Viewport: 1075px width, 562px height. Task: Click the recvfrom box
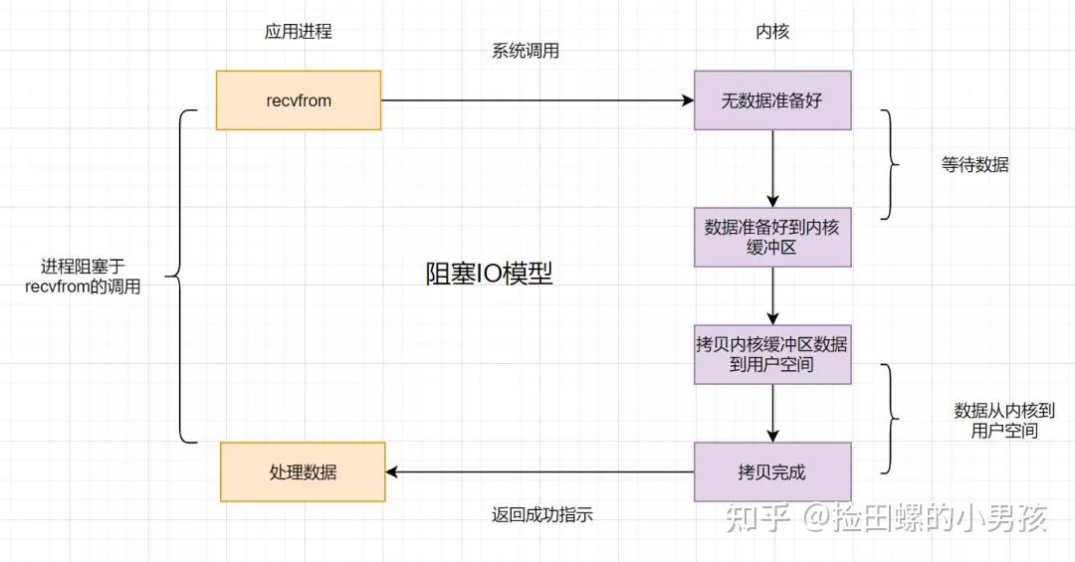299,100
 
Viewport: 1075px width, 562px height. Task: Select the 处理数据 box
303,472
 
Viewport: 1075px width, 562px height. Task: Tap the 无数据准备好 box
772,100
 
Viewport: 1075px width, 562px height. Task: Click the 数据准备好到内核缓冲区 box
772,237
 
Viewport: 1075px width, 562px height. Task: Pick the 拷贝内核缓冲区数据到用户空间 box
772,354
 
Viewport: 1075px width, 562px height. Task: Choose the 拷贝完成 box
772,472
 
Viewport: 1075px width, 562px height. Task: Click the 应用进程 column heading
299,32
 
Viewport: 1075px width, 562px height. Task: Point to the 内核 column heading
772,32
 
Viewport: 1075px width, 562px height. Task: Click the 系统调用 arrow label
526,52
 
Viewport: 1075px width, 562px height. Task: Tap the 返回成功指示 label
541,515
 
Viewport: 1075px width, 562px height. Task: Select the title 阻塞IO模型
489,275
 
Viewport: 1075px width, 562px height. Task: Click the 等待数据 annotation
974,165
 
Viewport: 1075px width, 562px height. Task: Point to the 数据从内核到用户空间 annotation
1003,420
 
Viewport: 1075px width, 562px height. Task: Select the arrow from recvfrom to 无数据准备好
537,100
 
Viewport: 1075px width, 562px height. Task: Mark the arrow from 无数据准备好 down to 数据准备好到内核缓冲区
772,168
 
